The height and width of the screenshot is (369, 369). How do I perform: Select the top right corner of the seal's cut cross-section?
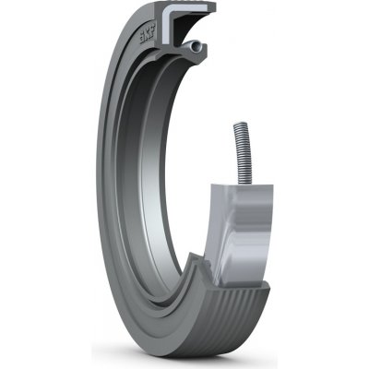(213, 7)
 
